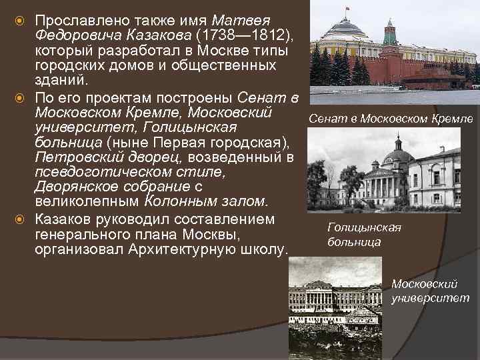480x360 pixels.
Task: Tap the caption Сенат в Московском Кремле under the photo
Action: (390, 119)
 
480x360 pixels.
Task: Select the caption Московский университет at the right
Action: (430, 291)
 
